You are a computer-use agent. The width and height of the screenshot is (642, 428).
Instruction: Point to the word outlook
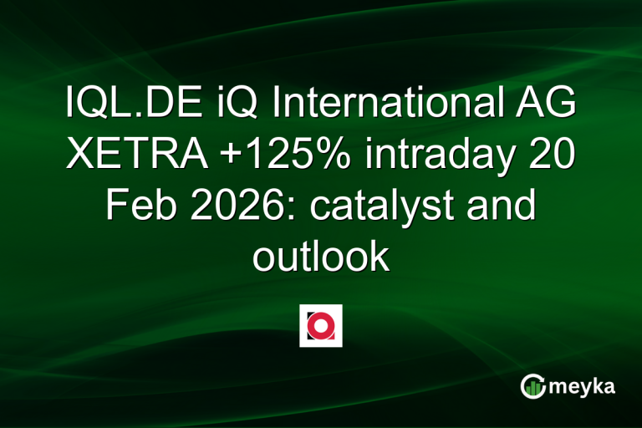[321, 255]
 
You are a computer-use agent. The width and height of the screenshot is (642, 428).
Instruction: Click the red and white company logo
[320, 325]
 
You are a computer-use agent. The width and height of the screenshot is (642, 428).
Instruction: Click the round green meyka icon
[534, 386]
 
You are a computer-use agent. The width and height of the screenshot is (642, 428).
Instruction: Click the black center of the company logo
[321, 326]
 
